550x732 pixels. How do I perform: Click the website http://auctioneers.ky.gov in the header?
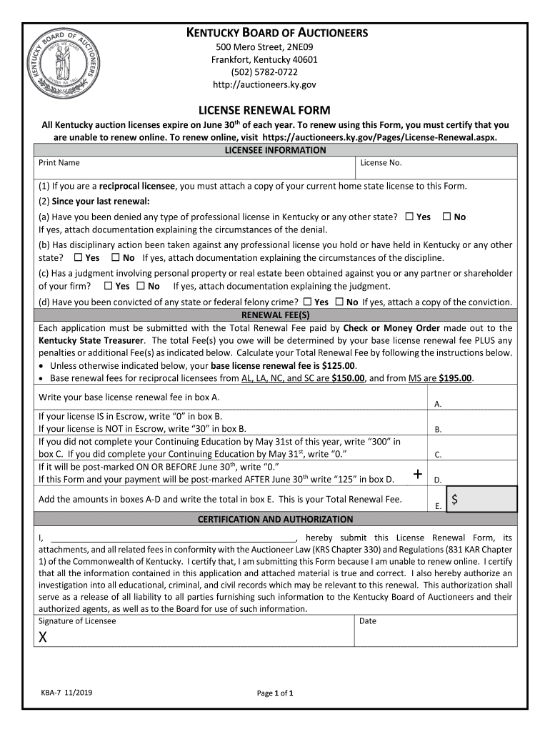click(264, 84)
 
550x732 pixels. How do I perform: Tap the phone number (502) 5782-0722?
click(264, 72)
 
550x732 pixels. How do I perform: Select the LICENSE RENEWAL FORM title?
click(264, 110)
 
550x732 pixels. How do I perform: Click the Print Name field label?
click(59, 163)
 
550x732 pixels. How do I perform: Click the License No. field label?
click(381, 163)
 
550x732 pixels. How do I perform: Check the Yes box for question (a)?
click(409, 217)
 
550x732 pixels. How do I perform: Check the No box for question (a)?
click(446, 217)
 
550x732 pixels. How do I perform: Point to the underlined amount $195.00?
click(455, 378)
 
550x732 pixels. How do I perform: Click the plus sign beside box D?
click(417, 475)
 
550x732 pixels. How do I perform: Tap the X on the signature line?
click(44, 638)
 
